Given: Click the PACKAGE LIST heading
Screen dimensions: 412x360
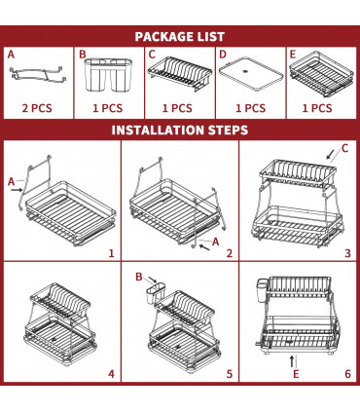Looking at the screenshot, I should tap(179, 36).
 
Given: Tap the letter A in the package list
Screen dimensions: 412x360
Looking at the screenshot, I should tap(12, 55).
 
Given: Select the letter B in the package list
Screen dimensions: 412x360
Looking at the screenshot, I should tap(83, 55).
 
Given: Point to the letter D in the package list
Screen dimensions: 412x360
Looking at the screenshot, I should tap(223, 55).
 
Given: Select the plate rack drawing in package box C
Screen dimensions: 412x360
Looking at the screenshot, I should tap(179, 74).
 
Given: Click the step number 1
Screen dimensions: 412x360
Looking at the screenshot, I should tap(111, 252).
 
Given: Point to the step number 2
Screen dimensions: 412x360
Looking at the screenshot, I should tap(230, 252).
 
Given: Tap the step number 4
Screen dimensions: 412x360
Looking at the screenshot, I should tap(111, 372).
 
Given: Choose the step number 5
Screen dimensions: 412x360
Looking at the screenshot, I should tap(230, 372).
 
